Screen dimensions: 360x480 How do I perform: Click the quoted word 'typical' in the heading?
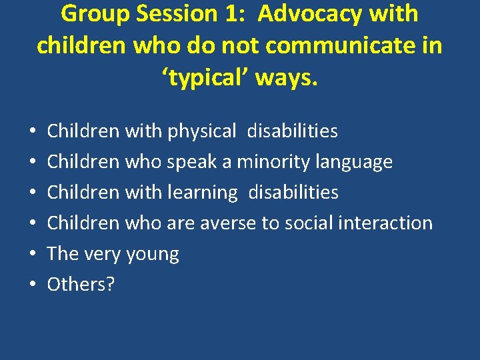(x=203, y=79)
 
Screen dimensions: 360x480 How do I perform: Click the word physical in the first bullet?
(x=202, y=131)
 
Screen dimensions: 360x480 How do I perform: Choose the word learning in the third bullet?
(x=203, y=193)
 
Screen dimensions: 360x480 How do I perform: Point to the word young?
(x=153, y=255)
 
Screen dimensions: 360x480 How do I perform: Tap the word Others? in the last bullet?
(x=81, y=285)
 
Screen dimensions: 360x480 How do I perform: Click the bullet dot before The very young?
(x=33, y=255)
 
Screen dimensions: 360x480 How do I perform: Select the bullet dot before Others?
(x=33, y=285)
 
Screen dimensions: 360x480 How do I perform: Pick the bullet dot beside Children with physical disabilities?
(x=33, y=131)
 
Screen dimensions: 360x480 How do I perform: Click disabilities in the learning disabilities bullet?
(x=293, y=193)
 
